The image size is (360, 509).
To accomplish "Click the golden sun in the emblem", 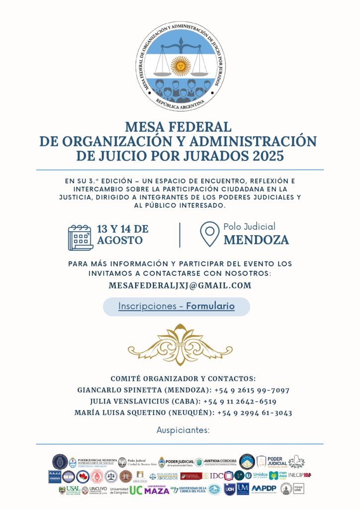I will [180, 65].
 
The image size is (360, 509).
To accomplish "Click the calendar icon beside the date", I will [81, 238].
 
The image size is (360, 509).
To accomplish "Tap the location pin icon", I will [209, 234].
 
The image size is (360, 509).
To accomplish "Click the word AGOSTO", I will [120, 241].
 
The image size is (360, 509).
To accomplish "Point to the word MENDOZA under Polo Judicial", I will [256, 240].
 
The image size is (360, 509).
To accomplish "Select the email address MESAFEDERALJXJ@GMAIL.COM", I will [180, 286].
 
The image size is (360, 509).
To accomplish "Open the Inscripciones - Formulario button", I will [176, 307].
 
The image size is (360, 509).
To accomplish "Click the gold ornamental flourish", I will [180, 345].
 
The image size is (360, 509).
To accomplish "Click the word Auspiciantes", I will [183, 430].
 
